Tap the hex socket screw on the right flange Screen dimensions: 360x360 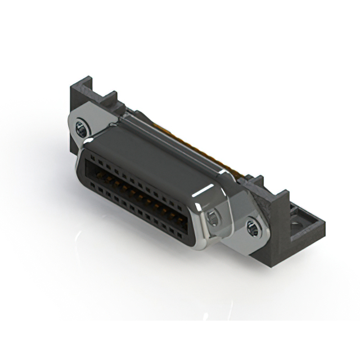click(x=252, y=228)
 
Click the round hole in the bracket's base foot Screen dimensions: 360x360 click(x=296, y=227)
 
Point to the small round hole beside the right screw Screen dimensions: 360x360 click(x=214, y=218)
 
